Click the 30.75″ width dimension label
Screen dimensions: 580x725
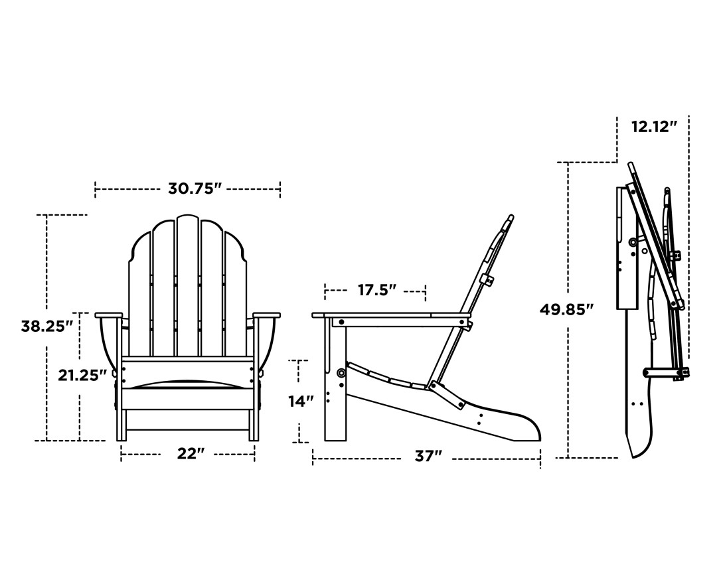coord(194,189)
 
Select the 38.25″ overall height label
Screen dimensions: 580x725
coord(46,326)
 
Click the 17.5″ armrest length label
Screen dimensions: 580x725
coord(376,290)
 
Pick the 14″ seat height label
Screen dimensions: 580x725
coord(301,401)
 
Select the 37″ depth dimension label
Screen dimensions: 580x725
coord(428,457)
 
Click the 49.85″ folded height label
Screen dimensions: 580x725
coord(566,309)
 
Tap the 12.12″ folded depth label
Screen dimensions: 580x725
coord(654,127)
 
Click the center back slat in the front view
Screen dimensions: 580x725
coord(188,285)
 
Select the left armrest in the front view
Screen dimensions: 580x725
coord(109,315)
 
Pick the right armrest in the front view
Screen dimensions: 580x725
coord(267,315)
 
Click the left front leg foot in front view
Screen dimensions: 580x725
coord(121,435)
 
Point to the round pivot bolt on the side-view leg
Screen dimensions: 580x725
coord(341,373)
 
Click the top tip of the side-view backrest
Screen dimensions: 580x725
coord(511,217)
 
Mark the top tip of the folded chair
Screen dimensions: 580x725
coord(631,165)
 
